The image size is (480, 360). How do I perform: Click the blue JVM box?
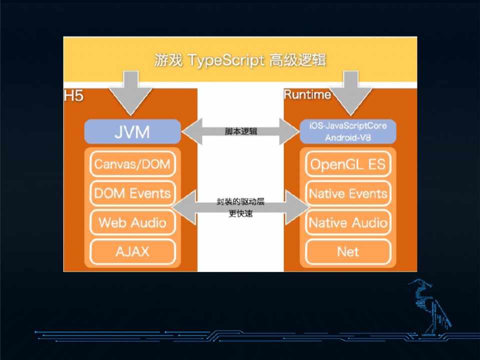point(132,132)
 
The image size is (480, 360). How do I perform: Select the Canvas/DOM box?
point(132,164)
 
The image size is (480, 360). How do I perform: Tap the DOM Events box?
point(132,193)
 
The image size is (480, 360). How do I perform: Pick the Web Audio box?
point(132,222)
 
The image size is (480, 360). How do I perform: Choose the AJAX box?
point(132,251)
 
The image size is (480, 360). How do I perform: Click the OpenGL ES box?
point(348,164)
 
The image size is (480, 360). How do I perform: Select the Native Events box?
point(348,193)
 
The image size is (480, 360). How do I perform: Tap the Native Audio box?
point(348,222)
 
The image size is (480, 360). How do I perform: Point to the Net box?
point(348,251)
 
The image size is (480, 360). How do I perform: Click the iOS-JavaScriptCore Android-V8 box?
point(348,131)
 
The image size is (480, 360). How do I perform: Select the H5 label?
point(74,95)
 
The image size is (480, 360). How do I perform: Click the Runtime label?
point(307,94)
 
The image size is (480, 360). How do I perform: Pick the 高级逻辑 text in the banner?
point(297,60)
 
